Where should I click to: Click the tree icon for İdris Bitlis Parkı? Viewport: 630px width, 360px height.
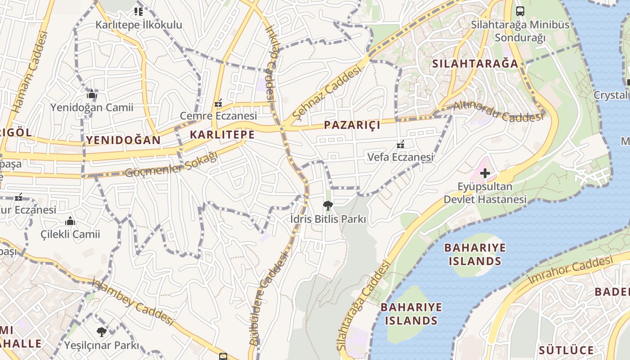(x=328, y=206)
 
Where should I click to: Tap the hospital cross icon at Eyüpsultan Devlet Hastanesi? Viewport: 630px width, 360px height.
(x=485, y=173)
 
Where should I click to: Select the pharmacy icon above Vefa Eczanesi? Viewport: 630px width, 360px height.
(x=400, y=144)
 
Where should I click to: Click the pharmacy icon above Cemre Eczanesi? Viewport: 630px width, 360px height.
(x=219, y=103)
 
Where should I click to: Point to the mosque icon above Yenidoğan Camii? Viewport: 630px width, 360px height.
(x=92, y=94)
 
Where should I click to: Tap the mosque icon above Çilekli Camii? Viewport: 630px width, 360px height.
(x=70, y=221)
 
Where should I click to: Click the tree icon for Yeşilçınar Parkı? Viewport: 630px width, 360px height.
(x=102, y=332)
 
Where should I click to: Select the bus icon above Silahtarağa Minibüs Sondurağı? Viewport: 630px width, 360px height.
(x=520, y=11)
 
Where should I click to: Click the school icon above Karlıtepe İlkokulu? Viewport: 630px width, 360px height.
(x=139, y=12)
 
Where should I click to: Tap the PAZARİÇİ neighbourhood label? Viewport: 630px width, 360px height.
(x=352, y=125)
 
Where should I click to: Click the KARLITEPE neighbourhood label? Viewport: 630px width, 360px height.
(x=222, y=135)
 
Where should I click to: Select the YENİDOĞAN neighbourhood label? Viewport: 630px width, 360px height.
(x=123, y=140)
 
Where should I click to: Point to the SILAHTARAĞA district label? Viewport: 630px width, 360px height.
(x=475, y=63)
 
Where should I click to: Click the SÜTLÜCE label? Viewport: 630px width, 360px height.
(x=566, y=350)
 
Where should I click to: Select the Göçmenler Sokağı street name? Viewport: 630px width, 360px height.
(x=171, y=164)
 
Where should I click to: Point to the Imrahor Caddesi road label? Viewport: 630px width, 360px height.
(x=571, y=270)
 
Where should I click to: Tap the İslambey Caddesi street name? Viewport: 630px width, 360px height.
(x=132, y=302)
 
